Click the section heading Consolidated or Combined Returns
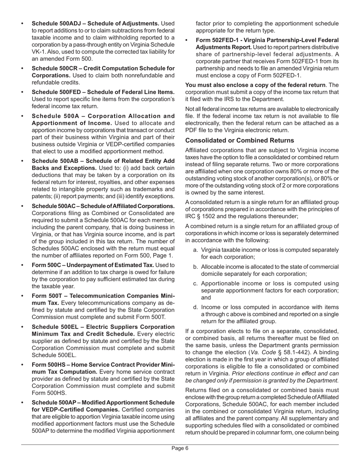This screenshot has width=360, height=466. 239,141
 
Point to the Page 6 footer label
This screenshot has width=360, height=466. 180,448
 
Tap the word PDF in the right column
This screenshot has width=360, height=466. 191,130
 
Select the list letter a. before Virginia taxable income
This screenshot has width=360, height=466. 196,250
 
